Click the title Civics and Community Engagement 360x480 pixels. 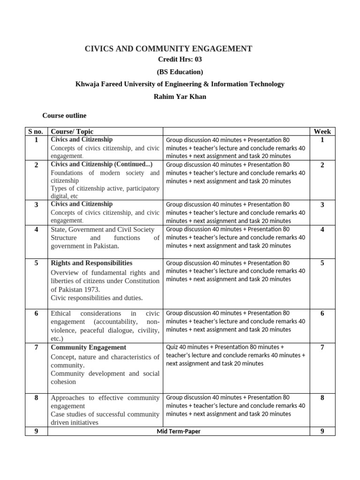[x=168, y=48]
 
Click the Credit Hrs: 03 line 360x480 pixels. [x=180, y=60]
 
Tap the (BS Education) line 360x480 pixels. [x=180, y=72]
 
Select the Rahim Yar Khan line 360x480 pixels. [x=180, y=96]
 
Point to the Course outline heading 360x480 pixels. [x=64, y=115]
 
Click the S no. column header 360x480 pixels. [x=36, y=132]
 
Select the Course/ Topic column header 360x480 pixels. [x=72, y=132]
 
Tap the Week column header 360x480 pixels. [x=322, y=132]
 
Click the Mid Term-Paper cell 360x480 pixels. [x=178, y=431]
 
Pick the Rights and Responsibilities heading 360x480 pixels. [x=91, y=263]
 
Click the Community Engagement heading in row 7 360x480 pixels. [x=88, y=347]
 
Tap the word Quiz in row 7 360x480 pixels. [x=172, y=347]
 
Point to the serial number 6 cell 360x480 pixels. [x=36, y=313]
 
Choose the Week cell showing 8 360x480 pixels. [x=322, y=397]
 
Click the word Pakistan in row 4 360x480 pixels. [x=105, y=246]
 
